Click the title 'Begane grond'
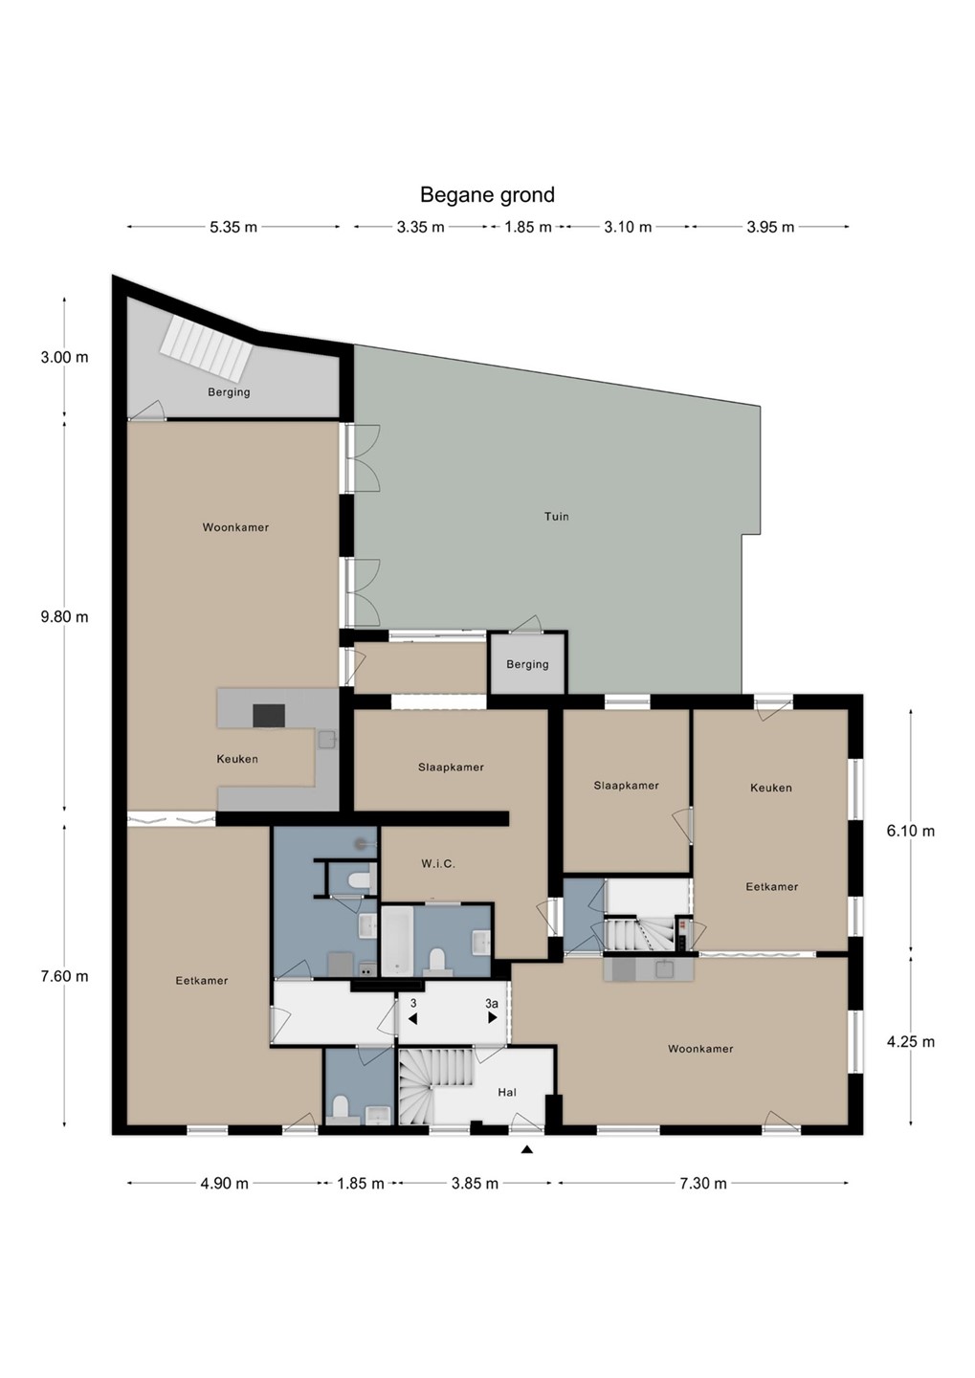click(487, 195)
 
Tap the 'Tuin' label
click(556, 516)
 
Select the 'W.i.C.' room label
click(438, 864)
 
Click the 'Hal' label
click(507, 1092)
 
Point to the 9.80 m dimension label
click(65, 616)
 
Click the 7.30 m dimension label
click(703, 1183)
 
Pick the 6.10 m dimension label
click(910, 831)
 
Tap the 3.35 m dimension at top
click(420, 227)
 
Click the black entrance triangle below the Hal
click(526, 1148)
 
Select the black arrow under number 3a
click(492, 1017)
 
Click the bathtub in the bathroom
click(397, 942)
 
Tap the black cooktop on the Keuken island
click(269, 716)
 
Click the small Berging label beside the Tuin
click(527, 664)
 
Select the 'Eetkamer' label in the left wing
click(202, 981)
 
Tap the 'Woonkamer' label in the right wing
click(700, 1049)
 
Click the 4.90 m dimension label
click(225, 1183)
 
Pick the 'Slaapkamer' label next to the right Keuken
click(626, 786)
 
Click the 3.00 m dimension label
click(65, 358)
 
